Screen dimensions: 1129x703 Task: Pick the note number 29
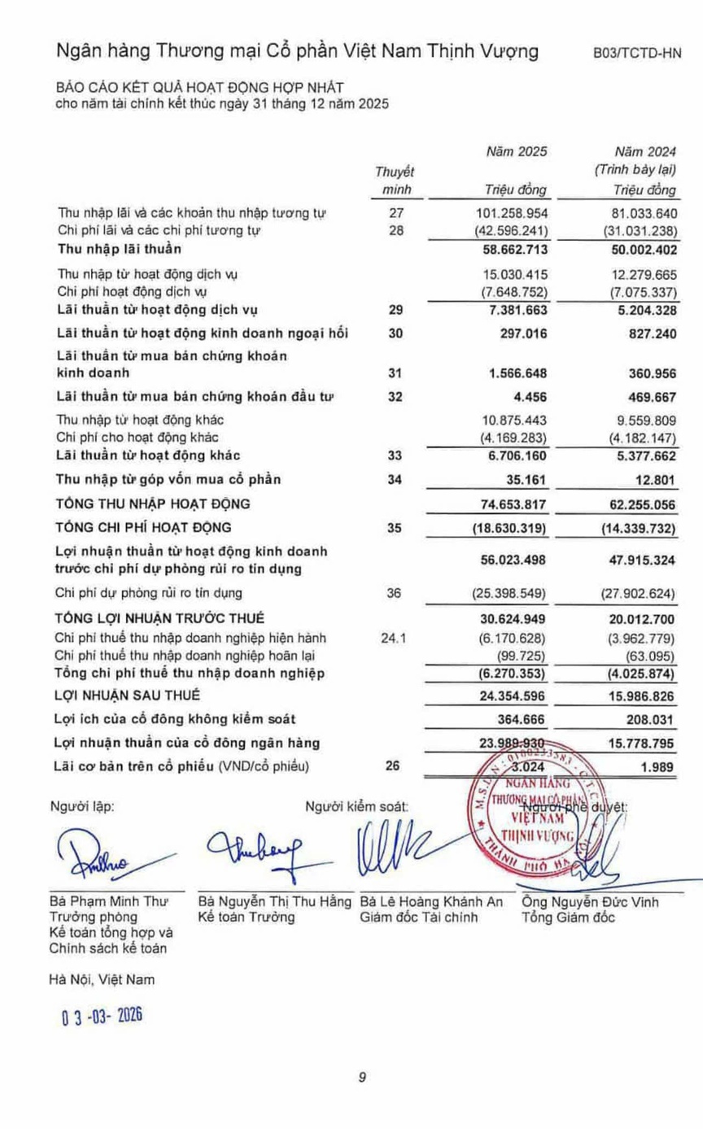coord(396,309)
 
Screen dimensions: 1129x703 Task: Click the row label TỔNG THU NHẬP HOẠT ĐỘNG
coord(153,503)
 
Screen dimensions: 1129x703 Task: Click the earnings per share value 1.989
coord(659,766)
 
